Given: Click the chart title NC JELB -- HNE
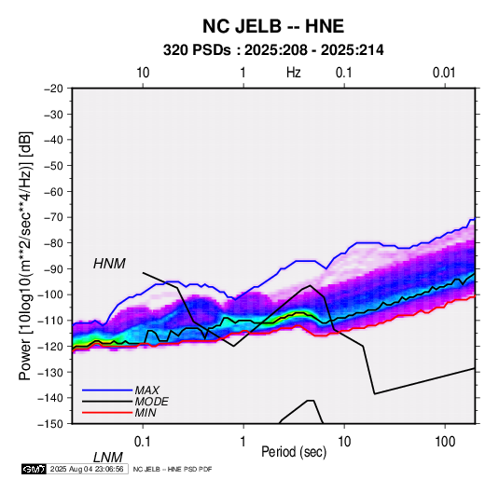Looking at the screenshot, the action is click(x=273, y=26).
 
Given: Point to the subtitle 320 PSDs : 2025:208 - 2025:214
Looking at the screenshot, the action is click(x=273, y=50).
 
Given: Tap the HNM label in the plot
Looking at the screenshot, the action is click(x=109, y=264).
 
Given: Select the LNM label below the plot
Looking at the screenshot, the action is click(x=108, y=458).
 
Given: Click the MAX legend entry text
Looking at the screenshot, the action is click(x=147, y=390).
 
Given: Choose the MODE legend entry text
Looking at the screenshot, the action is click(x=151, y=402).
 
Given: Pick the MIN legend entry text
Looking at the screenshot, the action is click(x=146, y=413).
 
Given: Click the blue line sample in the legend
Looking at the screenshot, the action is click(x=107, y=390).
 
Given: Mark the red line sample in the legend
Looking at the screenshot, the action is click(x=107, y=413).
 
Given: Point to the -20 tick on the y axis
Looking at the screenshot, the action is click(x=53, y=89).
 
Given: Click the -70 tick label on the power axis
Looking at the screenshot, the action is click(x=53, y=217).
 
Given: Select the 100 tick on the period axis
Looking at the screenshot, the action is click(x=445, y=442).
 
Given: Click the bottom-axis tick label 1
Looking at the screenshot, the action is click(x=243, y=442).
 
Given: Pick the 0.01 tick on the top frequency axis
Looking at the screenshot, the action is click(x=444, y=73).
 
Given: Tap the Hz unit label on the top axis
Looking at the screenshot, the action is click(x=294, y=73).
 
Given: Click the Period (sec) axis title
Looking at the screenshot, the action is click(x=294, y=452).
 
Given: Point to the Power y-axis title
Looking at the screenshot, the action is click(x=25, y=255).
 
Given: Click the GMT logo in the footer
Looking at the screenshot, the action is click(x=35, y=469).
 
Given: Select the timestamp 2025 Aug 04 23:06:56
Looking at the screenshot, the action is click(x=87, y=469).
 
